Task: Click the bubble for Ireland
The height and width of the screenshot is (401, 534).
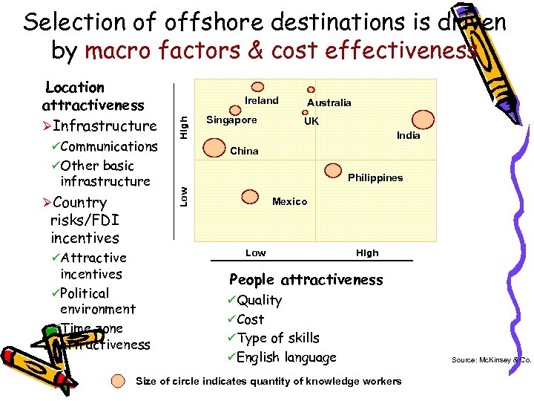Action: (258, 87)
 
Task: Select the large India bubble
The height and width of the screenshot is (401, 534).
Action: (423, 119)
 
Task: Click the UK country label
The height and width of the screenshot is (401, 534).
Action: (311, 120)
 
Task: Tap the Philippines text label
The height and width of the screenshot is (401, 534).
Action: (375, 177)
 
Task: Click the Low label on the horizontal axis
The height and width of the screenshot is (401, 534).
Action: (255, 252)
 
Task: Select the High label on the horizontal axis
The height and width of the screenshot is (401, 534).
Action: (367, 252)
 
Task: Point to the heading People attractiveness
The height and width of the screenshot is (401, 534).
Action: (306, 280)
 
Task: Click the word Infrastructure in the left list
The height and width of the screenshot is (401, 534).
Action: (105, 125)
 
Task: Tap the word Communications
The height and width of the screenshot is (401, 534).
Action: (109, 146)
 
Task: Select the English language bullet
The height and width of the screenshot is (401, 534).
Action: (286, 357)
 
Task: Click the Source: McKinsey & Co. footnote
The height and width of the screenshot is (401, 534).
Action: (491, 361)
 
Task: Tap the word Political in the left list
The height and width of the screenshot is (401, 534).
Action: (85, 293)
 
